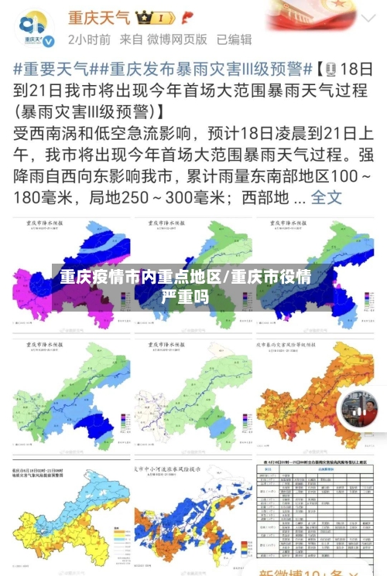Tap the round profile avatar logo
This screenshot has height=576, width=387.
pos(33,28)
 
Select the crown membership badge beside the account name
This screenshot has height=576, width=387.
pos(156,17)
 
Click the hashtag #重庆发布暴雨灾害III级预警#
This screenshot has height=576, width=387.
pos(204,68)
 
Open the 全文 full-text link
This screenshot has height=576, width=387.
pos(326,196)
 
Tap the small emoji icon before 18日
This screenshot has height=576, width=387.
pos(327,68)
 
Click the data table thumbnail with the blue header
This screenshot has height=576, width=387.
pos(313,514)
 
